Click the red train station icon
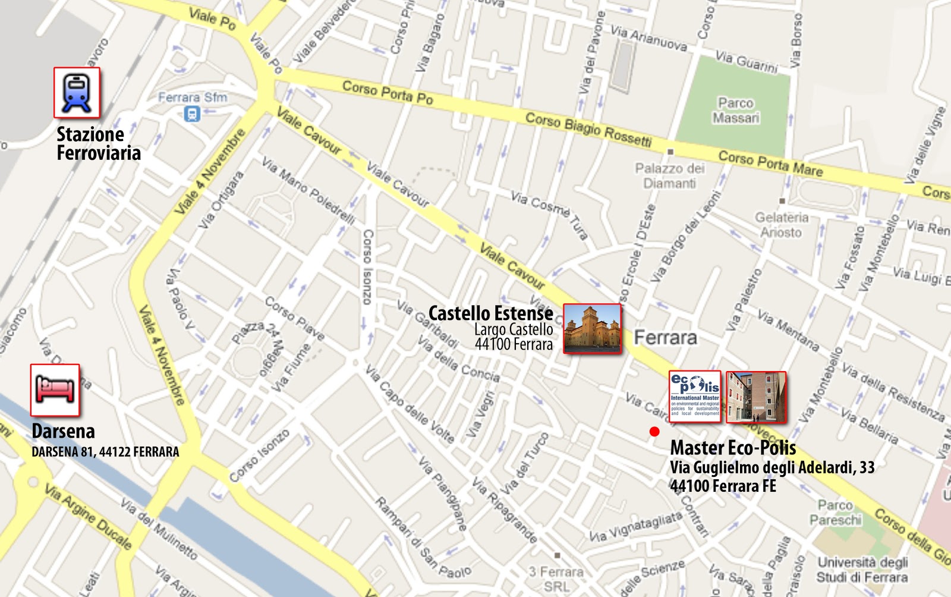(77, 93)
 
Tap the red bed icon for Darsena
(55, 390)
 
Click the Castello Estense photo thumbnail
(591, 328)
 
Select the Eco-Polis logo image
(695, 397)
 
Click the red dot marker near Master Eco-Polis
(654, 432)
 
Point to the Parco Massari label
(736, 111)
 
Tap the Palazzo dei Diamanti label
(669, 176)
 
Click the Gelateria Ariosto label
(782, 225)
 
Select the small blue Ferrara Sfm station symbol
(191, 113)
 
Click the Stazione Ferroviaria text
(98, 143)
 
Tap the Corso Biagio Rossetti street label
(588, 129)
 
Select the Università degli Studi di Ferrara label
(862, 570)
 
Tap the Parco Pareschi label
(835, 513)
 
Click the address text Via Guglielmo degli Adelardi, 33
(772, 467)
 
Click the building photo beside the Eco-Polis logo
(756, 397)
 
